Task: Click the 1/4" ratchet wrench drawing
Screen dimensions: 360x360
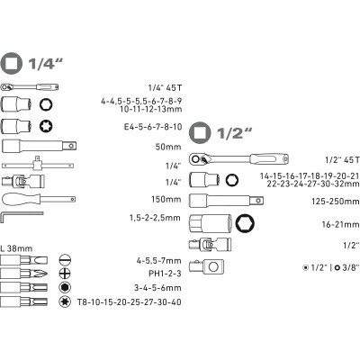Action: pos(30,87)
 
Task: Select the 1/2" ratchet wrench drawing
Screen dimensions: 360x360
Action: pos(238,159)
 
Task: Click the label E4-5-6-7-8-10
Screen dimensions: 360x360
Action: pos(153,127)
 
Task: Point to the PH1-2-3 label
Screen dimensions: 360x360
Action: pos(165,274)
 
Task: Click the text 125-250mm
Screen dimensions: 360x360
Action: pos(335,202)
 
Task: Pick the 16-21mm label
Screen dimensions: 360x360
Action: pos(340,224)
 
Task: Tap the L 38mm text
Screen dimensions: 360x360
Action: pos(16,248)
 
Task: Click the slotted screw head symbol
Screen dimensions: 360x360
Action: pos(65,259)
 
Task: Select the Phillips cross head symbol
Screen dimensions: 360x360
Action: pos(65,274)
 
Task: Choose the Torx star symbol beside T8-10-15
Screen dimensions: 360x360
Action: pos(64,301)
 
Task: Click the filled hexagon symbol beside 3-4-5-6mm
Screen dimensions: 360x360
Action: pos(64,287)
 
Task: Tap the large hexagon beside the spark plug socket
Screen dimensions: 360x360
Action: pos(245,223)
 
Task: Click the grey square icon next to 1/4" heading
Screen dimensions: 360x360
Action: pos(12,63)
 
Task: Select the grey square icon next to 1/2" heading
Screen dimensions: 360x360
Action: pos(200,132)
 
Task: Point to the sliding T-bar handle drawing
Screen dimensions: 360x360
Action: pos(38,164)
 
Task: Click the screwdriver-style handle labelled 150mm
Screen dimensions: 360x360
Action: pos(39,199)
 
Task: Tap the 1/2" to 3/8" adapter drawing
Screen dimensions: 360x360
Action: pos(206,266)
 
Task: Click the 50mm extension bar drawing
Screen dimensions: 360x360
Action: pos(39,146)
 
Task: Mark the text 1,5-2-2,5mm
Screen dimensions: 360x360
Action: pos(155,218)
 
